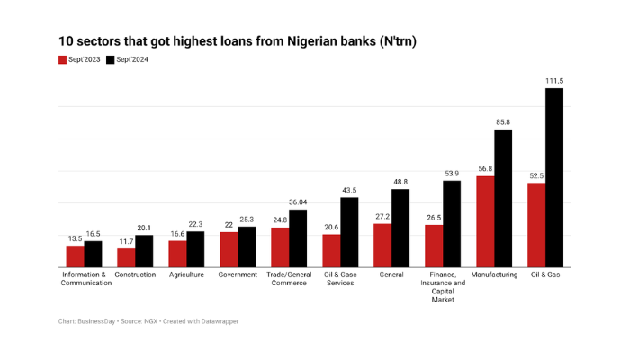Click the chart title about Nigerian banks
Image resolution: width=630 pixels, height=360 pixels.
click(238, 41)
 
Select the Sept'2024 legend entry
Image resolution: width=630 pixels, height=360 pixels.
click(127, 59)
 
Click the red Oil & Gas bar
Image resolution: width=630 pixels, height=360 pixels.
click(536, 225)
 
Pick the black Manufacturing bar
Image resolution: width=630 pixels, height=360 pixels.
click(503, 198)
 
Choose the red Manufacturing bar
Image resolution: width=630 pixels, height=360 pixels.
click(485, 221)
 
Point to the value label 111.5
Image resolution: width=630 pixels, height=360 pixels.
click(554, 81)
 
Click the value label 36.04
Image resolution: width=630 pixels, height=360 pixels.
click(298, 202)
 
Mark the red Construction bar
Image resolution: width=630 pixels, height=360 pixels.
click(126, 257)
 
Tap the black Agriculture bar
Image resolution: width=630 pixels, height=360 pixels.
click(195, 249)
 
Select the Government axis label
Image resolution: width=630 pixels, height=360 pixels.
click(238, 274)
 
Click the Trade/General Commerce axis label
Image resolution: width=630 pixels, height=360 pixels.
click(289, 279)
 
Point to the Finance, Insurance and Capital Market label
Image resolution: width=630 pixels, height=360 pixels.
click(443, 286)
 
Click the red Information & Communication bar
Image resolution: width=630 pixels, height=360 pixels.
click(75, 256)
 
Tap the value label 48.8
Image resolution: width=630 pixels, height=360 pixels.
click(400, 182)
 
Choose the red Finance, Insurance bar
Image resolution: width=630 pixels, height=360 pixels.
click(434, 246)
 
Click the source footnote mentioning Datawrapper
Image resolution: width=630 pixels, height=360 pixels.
click(148, 321)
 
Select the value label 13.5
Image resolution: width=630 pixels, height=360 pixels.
click(75, 238)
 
